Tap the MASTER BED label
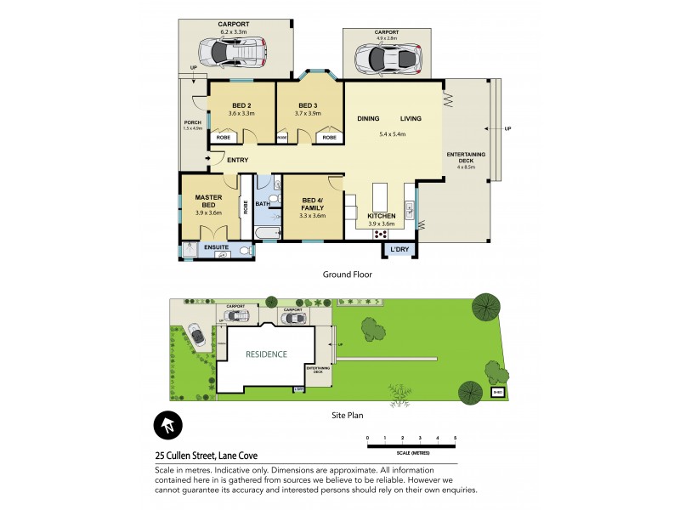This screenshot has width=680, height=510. click(208, 201)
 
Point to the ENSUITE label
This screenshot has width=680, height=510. click(210, 247)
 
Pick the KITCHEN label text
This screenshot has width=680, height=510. click(382, 216)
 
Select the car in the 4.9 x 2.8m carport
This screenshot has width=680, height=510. click(388, 59)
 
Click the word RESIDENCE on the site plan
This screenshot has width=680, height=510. click(266, 354)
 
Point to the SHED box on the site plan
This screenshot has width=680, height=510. click(497, 393)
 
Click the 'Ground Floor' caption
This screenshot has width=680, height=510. click(347, 275)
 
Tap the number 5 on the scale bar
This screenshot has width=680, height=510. click(455, 438)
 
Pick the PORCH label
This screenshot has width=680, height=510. click(193, 122)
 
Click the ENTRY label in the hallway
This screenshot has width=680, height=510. click(237, 159)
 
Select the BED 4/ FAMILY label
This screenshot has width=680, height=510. click(313, 205)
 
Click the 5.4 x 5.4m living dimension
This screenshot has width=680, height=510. click(392, 134)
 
